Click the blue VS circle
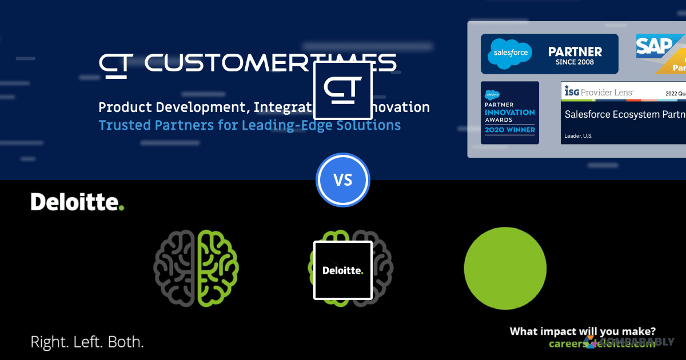click(x=343, y=180)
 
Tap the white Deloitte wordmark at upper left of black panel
click(x=77, y=202)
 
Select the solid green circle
click(x=505, y=268)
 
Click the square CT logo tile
click(x=343, y=90)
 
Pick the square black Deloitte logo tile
click(x=343, y=270)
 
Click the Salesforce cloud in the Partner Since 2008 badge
click(x=509, y=54)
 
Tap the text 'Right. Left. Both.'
click(x=87, y=343)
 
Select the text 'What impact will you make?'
click(x=583, y=331)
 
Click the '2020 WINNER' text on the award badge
click(x=510, y=130)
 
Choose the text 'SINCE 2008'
click(x=575, y=62)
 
